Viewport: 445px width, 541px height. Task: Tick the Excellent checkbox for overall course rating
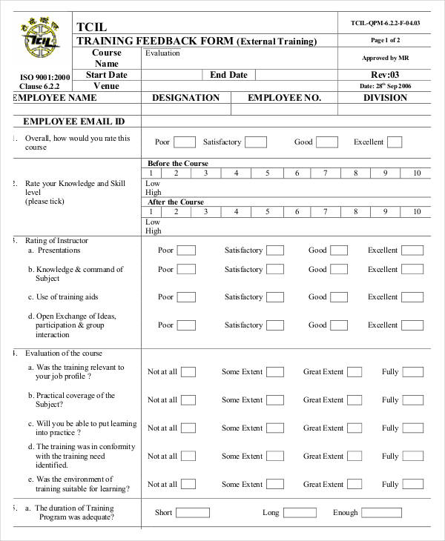[x=395, y=142]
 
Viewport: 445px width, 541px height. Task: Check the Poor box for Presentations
[x=186, y=250]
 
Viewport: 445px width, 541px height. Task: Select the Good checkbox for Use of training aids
[x=338, y=297]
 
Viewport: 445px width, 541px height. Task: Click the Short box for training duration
[x=192, y=513]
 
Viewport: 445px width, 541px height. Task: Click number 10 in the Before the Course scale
[x=416, y=173]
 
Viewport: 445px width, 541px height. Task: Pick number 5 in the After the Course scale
[x=267, y=212]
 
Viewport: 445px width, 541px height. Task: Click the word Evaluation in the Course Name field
[x=162, y=53]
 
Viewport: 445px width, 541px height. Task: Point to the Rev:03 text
[x=385, y=75]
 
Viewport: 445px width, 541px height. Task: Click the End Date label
[x=228, y=75]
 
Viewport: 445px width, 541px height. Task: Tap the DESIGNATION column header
[x=185, y=98]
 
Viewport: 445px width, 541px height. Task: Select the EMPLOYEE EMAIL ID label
[x=73, y=122]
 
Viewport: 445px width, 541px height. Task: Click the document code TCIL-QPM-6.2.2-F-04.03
[x=385, y=23]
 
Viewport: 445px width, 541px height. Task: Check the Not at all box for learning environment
[x=188, y=485]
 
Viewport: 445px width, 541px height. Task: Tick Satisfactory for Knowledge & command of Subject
[x=275, y=270]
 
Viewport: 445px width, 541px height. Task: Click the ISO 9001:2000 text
[x=45, y=77]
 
